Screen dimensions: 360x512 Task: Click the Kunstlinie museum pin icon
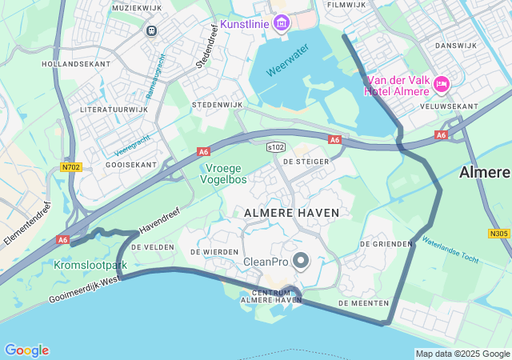click(x=281, y=22)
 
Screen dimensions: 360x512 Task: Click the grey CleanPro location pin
click(x=301, y=260)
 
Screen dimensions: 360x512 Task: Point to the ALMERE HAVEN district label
click(x=292, y=213)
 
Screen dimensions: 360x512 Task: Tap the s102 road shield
click(x=276, y=147)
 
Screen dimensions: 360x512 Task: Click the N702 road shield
click(x=70, y=167)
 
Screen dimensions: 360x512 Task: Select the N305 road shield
click(x=498, y=234)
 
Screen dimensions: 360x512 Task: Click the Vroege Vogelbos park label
click(x=226, y=174)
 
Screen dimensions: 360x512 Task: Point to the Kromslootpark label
click(x=91, y=265)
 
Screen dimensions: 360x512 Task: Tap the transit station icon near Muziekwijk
click(x=151, y=30)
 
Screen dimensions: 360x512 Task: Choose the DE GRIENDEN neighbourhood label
click(x=386, y=243)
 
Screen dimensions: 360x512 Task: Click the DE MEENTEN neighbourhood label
click(x=363, y=303)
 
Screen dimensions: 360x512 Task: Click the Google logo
click(x=26, y=350)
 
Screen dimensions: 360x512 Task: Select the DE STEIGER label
click(x=305, y=162)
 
